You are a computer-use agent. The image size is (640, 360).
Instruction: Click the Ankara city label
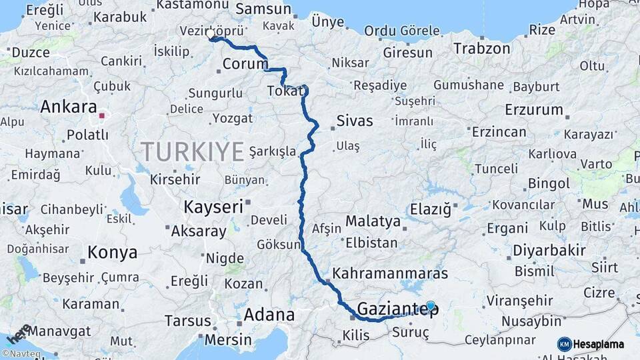point(68,107)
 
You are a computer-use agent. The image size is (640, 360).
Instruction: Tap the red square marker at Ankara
point(101,115)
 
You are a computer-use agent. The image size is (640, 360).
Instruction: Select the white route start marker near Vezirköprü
point(211,33)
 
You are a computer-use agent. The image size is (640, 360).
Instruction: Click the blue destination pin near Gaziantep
point(431,306)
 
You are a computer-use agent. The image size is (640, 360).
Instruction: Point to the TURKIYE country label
point(192,152)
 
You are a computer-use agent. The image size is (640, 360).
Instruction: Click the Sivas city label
point(354,121)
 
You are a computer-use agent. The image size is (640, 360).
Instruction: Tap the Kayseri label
point(213,207)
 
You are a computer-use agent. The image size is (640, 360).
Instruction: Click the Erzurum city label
point(534,109)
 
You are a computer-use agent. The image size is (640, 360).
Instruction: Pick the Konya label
point(113,253)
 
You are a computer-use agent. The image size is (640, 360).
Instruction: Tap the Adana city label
point(269,315)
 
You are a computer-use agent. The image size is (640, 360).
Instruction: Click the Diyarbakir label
point(550,252)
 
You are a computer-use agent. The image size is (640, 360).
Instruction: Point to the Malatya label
point(373,221)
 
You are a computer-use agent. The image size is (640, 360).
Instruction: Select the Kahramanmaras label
point(389,273)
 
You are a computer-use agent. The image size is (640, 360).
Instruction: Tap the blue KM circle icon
point(565,344)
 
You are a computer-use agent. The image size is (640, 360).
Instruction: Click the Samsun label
point(264,9)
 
